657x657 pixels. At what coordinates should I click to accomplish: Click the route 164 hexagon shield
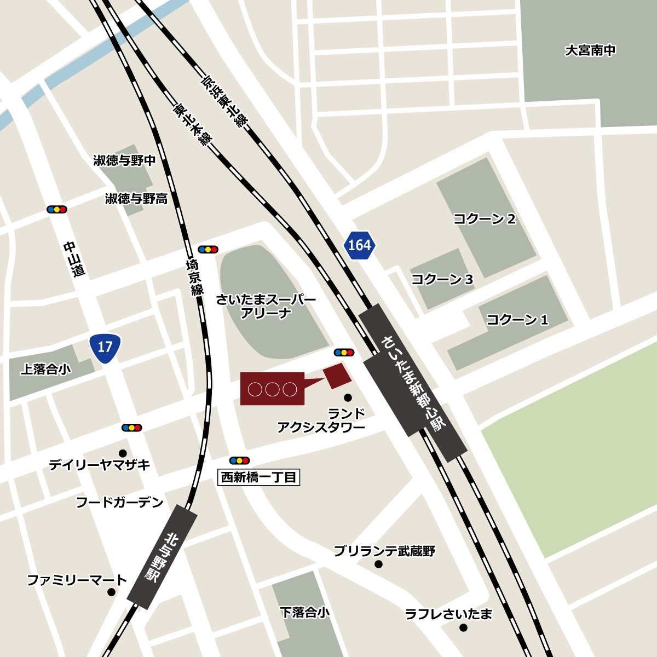pos(359,245)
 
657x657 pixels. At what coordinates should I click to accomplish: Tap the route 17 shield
pos(105,347)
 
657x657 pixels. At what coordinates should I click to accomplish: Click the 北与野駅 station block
pos(162,556)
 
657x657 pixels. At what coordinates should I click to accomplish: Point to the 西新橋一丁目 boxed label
pos(259,477)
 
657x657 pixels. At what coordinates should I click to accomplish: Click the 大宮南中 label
pos(590,50)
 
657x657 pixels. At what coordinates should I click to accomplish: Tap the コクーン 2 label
pos(485,219)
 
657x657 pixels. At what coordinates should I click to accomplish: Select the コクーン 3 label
pos(442,279)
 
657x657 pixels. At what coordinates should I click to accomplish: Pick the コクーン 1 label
pos(517,319)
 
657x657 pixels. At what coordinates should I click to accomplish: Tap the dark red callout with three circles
pos(272,389)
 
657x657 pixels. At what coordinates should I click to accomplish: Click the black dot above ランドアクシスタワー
pos(347,397)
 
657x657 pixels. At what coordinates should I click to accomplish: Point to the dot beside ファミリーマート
pos(112,592)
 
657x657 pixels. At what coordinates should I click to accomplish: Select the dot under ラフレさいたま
pos(464,628)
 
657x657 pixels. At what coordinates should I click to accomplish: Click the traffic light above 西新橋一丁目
pos(240,460)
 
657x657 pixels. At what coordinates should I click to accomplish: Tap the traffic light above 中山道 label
pos(57,209)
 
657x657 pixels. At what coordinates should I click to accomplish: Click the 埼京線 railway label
pos(194,276)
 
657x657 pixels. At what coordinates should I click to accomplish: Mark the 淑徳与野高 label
pos(136,199)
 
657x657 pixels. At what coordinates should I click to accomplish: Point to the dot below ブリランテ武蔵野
pos(378,564)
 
